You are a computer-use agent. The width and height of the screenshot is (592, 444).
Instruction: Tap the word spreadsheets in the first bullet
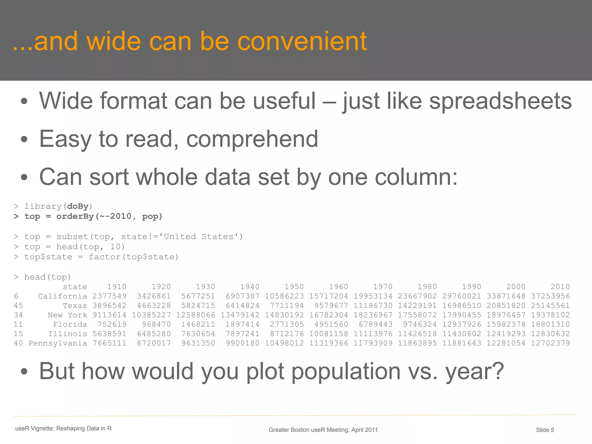tap(500, 101)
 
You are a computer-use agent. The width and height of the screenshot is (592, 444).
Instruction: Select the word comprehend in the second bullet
tap(252, 139)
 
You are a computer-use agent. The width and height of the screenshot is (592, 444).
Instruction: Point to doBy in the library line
tap(77, 206)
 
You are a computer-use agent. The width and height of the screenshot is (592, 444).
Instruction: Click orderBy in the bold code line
tap(75, 216)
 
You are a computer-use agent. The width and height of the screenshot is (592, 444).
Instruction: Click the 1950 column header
tap(294, 287)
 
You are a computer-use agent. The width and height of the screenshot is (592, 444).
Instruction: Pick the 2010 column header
tap(560, 287)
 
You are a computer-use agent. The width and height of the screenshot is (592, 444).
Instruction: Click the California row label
tap(62, 296)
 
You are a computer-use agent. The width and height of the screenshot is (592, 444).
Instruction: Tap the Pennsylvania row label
tap(58, 343)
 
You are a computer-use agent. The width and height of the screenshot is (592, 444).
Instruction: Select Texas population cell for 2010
tap(550, 306)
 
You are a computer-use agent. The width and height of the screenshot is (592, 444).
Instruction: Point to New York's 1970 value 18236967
tap(373, 315)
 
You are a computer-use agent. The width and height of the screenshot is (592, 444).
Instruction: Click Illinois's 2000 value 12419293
tap(506, 334)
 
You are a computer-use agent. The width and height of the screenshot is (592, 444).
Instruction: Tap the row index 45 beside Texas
tap(18, 306)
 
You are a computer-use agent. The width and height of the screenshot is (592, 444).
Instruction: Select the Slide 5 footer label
tap(545, 430)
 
